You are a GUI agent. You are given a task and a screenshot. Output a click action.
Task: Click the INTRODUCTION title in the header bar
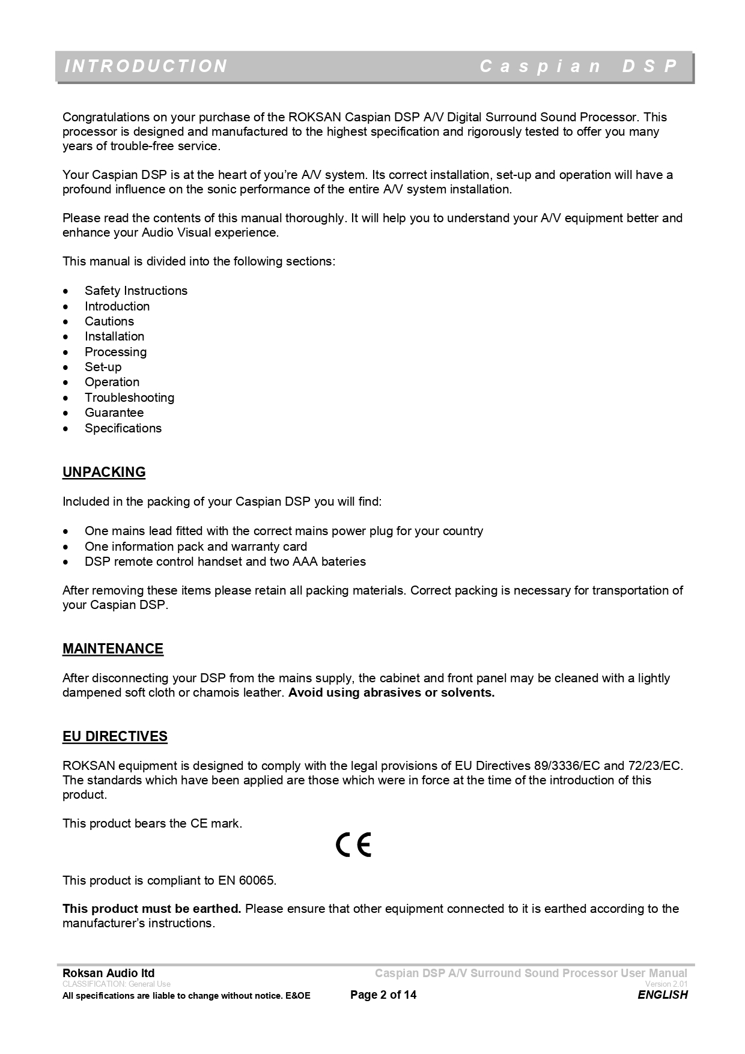145,66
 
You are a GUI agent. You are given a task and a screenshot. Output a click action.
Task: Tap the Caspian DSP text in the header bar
579,66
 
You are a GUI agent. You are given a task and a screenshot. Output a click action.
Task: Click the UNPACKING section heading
104,472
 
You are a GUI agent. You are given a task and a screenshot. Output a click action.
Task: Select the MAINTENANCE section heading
113,649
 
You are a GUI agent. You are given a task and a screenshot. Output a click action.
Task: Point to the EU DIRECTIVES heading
115,736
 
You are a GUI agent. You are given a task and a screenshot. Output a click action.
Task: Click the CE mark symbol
354,845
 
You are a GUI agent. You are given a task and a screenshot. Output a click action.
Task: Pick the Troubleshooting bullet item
129,398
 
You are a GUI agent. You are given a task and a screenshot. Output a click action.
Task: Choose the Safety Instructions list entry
136,291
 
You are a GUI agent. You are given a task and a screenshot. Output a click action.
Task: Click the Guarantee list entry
114,413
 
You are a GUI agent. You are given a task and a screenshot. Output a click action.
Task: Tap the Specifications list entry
123,428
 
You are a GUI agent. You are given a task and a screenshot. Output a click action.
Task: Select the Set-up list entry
103,367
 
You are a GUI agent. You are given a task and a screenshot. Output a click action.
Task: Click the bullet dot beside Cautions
66,322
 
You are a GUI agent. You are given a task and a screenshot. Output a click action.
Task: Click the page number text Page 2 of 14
383,995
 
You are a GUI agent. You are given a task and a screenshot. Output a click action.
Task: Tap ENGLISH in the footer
662,995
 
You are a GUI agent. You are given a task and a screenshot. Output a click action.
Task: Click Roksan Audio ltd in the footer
108,973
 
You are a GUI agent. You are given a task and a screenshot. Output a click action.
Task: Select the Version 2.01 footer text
666,984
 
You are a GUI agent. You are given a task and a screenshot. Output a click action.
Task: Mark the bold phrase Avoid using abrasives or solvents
391,692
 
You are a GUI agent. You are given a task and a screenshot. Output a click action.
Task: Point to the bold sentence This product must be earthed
151,909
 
